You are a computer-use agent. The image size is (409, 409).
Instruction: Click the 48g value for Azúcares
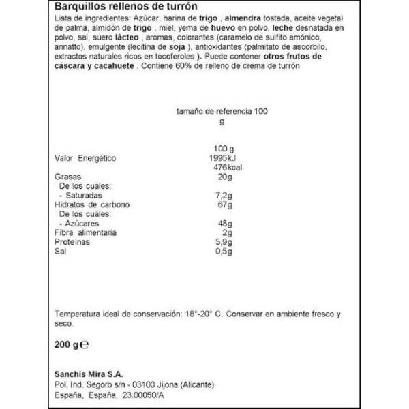click(x=226, y=224)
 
